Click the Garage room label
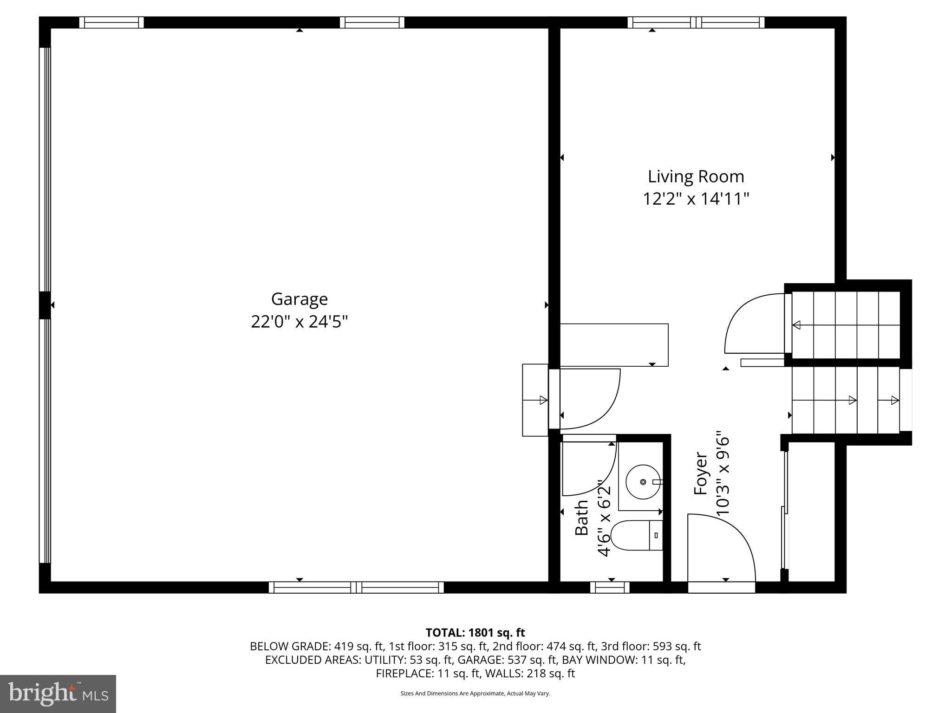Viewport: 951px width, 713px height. (x=299, y=299)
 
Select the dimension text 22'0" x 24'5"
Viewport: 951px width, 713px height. (x=299, y=321)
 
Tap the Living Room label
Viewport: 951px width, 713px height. (x=696, y=176)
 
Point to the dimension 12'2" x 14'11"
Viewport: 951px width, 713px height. (x=696, y=199)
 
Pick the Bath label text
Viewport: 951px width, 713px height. (x=582, y=517)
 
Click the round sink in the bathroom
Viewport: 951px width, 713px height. (x=643, y=482)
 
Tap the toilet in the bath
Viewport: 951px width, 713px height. (x=636, y=535)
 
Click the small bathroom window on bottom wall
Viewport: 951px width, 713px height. (x=610, y=588)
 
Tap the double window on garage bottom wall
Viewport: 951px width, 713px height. (x=356, y=588)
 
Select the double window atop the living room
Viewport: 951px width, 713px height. (x=696, y=22)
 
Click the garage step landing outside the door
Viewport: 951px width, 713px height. (x=535, y=400)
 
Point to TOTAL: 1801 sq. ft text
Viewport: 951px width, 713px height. (x=475, y=632)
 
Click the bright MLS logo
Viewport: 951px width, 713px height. (x=58, y=694)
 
